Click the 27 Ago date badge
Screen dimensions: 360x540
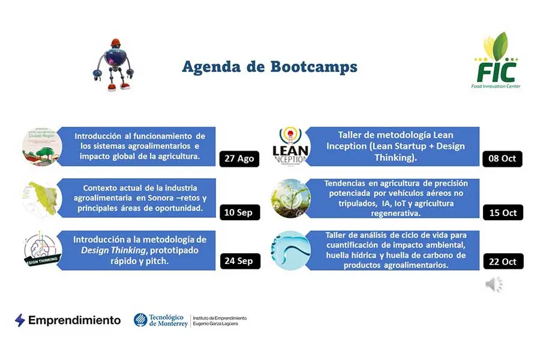(239, 159)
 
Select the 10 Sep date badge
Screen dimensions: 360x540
(239, 212)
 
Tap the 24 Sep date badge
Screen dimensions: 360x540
(240, 261)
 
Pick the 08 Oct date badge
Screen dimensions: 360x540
(503, 159)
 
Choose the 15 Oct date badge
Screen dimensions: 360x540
(503, 212)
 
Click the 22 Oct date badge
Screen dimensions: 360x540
(503, 261)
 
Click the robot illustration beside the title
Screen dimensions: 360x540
(113, 65)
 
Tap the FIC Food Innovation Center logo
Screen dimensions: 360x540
(496, 62)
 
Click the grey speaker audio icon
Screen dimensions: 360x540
(494, 285)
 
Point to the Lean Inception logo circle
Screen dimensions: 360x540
(290, 146)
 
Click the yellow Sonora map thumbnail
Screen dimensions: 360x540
(41, 198)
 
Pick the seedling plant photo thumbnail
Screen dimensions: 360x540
(290, 198)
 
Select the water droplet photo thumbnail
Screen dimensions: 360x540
(290, 250)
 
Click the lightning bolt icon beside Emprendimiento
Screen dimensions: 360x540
(20, 320)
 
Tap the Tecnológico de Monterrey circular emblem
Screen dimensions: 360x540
(140, 320)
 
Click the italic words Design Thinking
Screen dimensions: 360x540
(109, 250)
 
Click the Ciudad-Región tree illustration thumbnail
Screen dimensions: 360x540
(42, 146)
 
